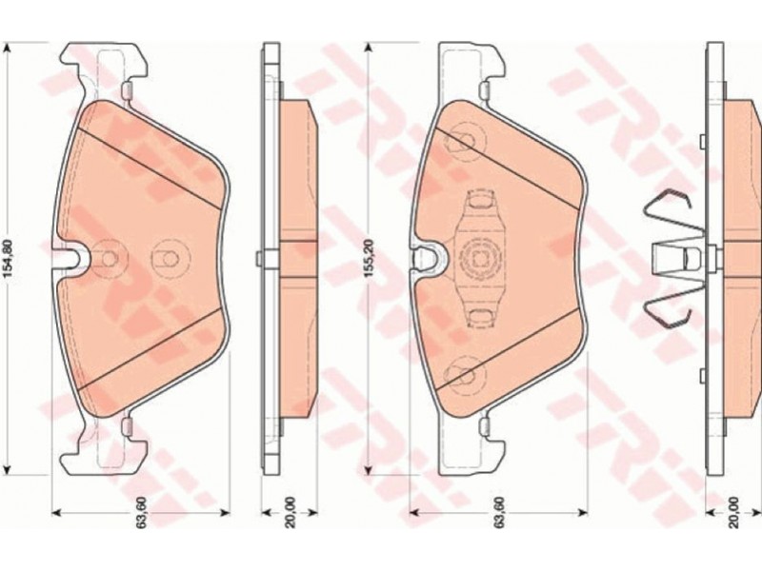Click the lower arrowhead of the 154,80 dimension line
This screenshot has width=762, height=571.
pyautogui.click(x=7, y=469)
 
